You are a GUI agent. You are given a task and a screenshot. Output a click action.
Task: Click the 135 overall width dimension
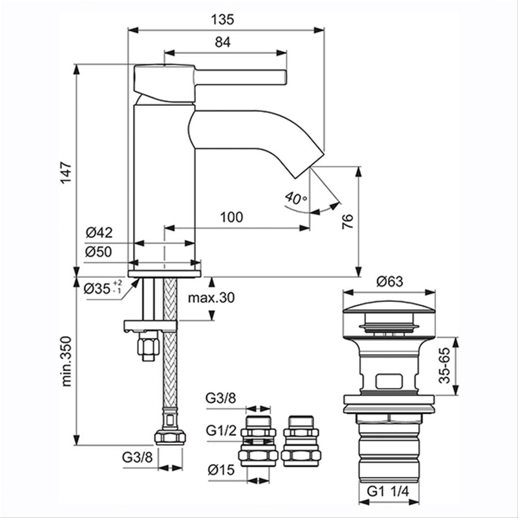[222, 19]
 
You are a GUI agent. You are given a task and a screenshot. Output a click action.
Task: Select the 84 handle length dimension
[223, 42]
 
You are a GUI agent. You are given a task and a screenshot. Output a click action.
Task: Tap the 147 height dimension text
[66, 173]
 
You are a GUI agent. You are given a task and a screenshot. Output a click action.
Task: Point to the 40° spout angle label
[296, 197]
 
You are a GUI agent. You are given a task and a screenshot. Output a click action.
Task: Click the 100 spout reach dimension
[231, 217]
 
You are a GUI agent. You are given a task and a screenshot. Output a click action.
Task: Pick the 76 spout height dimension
[348, 222]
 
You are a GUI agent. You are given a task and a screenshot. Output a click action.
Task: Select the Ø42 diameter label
[99, 233]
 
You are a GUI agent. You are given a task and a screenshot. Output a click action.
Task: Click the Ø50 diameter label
[99, 252]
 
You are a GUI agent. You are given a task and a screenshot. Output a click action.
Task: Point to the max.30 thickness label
[212, 298]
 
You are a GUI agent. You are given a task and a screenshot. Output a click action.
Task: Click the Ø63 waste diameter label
[390, 282]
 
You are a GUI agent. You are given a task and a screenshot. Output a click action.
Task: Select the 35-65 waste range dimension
[445, 365]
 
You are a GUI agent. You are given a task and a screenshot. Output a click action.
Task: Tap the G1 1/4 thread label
[388, 491]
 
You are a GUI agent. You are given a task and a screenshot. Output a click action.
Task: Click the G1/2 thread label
[221, 430]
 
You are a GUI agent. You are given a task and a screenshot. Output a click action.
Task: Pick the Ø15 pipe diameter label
[222, 470]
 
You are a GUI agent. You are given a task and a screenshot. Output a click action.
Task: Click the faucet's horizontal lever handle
[240, 77]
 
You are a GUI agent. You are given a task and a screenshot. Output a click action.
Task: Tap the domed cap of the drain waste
[389, 307]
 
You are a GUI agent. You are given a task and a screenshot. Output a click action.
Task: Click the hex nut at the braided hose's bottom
[170, 438]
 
